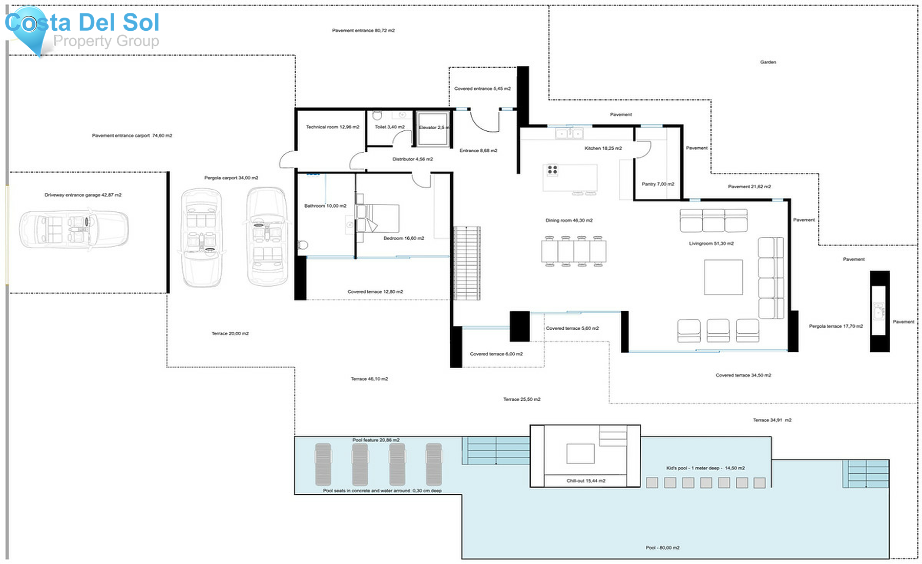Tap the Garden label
[767, 62]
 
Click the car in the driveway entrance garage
[74, 229]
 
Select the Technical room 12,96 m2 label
[332, 127]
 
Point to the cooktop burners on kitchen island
[552, 170]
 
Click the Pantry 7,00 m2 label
[658, 184]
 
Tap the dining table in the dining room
[573, 251]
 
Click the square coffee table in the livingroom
[723, 277]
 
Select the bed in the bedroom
[379, 219]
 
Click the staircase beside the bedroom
[467, 263]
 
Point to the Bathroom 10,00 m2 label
[325, 206]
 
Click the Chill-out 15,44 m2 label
[585, 481]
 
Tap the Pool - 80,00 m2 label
[662, 548]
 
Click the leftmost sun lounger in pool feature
[323, 465]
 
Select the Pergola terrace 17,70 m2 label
[835, 326]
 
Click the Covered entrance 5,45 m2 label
[482, 89]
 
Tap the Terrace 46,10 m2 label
[369, 379]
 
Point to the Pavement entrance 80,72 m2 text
[363, 31]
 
